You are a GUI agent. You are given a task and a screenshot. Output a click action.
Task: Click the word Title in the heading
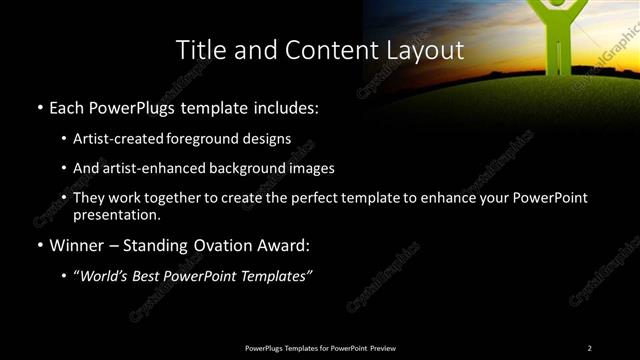pyautogui.click(x=199, y=50)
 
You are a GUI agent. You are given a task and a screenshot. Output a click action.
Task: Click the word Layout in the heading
pyautogui.click(x=424, y=50)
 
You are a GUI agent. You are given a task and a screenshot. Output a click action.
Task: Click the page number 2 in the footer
pyautogui.click(x=590, y=347)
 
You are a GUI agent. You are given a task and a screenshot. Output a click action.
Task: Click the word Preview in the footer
pyautogui.click(x=381, y=347)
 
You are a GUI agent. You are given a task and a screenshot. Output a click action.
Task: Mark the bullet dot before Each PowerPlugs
pyautogui.click(x=39, y=107)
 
